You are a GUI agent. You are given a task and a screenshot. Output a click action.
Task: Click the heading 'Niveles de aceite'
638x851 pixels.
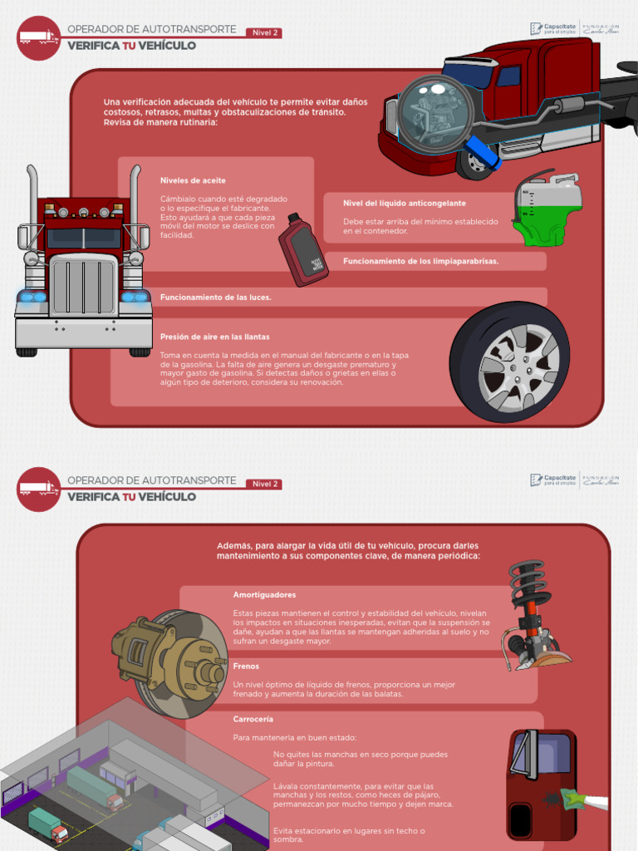tap(193, 180)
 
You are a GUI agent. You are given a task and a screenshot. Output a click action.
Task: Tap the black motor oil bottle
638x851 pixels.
tap(302, 250)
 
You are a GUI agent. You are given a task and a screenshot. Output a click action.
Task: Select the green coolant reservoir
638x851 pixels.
tap(547, 211)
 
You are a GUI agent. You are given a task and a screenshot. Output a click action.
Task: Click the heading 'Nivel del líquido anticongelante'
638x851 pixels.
tap(405, 203)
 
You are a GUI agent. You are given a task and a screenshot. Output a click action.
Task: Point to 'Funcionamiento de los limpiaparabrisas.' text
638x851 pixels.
tap(420, 261)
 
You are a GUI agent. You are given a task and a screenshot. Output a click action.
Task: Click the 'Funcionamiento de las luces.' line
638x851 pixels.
tap(216, 297)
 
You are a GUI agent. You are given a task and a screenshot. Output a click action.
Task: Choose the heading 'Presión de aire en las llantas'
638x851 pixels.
tap(215, 337)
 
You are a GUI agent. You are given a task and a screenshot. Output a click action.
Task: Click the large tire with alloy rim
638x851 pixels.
tap(509, 362)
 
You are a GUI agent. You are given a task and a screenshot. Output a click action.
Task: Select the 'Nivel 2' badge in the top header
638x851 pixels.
tap(264, 33)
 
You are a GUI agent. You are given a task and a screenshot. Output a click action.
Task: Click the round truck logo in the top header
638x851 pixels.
tap(38, 37)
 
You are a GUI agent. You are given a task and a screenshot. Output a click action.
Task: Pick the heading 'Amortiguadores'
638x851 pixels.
tap(264, 595)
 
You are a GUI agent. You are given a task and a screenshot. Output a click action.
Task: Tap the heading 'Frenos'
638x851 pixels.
tap(246, 667)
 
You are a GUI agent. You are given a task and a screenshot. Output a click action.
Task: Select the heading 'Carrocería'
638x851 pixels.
tap(253, 719)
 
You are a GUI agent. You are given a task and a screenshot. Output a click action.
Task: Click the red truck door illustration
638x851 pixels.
tap(541, 784)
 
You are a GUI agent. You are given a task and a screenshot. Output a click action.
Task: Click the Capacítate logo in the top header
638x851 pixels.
tap(553, 31)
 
